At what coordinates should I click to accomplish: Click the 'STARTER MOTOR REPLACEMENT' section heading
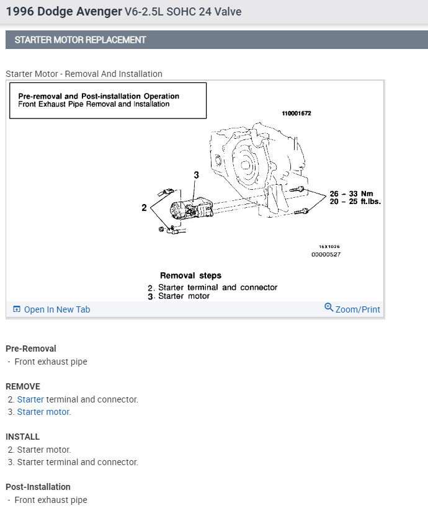pyautogui.click(x=81, y=40)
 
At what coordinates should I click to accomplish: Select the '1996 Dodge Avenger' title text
pyautogui.click(x=64, y=12)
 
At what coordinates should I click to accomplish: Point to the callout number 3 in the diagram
pyautogui.click(x=196, y=176)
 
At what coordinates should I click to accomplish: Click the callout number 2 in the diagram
pyautogui.click(x=144, y=208)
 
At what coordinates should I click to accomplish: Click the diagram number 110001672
pyautogui.click(x=296, y=114)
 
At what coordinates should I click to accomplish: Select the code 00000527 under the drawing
pyautogui.click(x=326, y=254)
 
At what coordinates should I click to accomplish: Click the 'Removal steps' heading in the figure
pyautogui.click(x=190, y=275)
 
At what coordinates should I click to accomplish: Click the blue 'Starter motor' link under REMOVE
pyautogui.click(x=44, y=412)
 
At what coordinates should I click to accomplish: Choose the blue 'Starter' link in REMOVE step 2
pyautogui.click(x=30, y=399)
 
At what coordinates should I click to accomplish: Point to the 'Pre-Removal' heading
pyautogui.click(x=31, y=349)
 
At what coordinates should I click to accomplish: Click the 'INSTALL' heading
pyautogui.click(x=23, y=437)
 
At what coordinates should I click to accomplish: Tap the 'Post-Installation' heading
pyautogui.click(x=38, y=487)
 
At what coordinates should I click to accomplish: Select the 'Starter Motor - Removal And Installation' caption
pyautogui.click(x=84, y=74)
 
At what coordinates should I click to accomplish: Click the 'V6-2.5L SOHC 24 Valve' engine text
pyautogui.click(x=183, y=12)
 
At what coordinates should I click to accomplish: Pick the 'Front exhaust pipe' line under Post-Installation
pyautogui.click(x=51, y=500)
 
